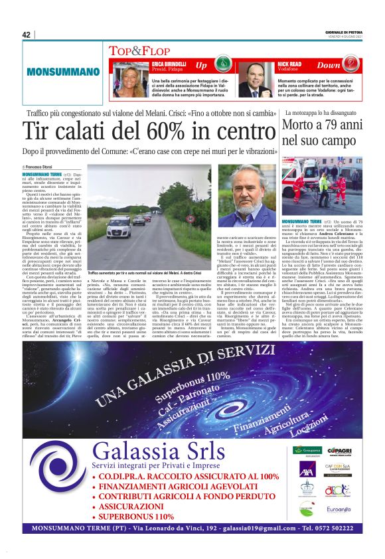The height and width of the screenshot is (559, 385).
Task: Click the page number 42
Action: (x=27, y=35)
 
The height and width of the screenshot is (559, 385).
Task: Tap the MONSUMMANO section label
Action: (x=54, y=70)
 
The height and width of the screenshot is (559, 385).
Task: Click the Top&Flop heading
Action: (x=135, y=50)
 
